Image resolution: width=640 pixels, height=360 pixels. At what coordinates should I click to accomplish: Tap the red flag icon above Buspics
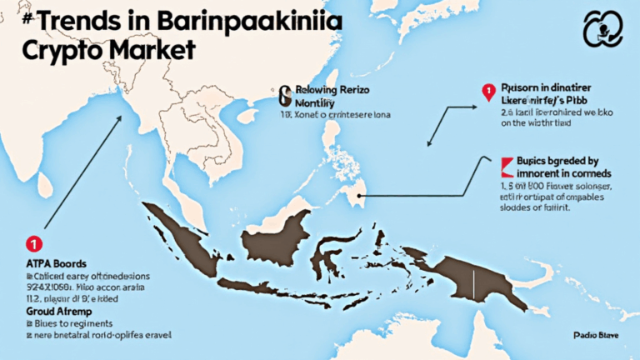506,162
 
